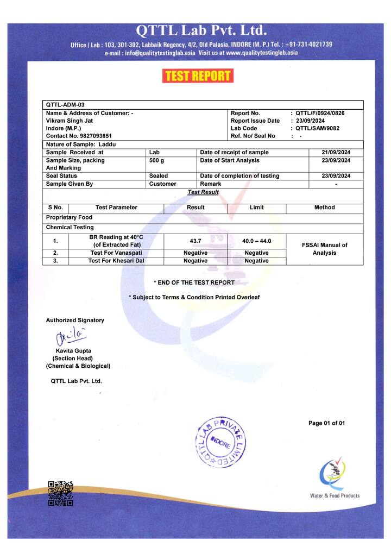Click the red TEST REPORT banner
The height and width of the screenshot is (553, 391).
[198, 76]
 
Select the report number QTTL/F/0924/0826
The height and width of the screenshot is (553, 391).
[320, 113]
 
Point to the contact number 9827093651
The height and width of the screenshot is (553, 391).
[79, 136]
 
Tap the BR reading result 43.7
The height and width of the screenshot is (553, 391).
[195, 241]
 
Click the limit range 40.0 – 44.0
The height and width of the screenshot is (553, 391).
[256, 241]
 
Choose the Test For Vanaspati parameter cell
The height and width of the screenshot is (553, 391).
[116, 253]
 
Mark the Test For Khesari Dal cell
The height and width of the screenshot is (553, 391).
[116, 261]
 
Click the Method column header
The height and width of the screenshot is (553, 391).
[324, 208]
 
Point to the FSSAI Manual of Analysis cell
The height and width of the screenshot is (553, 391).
[324, 249]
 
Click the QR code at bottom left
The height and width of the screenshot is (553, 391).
[60, 493]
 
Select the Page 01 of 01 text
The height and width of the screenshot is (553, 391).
[326, 423]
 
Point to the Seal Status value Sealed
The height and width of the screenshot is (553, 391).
[159, 176]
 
